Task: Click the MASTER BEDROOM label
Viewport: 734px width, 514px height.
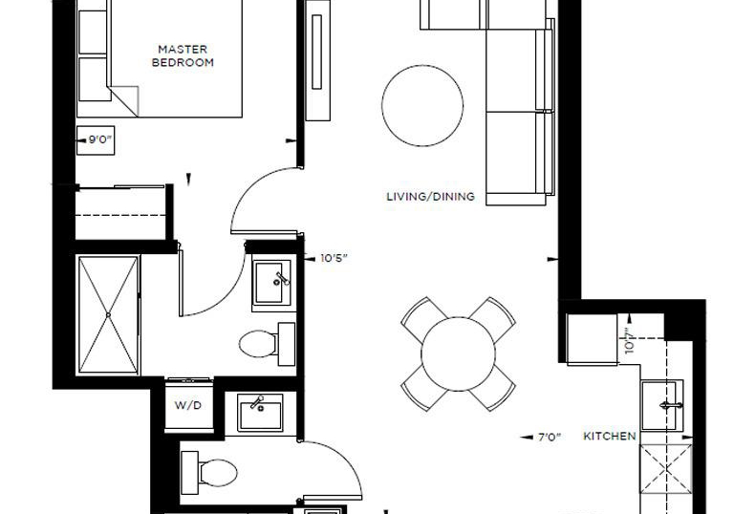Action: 183,55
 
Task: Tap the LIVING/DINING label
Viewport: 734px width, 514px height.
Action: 431,197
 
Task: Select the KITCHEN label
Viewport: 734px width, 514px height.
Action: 610,437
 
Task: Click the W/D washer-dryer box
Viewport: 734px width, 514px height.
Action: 188,405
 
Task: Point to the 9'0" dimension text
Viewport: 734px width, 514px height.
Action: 100,139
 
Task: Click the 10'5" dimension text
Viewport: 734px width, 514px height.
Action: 334,258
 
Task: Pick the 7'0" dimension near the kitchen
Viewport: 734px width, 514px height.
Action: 550,438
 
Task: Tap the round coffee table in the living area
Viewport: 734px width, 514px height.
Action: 422,105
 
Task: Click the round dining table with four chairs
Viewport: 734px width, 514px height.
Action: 459,353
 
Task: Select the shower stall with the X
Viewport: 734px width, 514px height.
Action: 108,315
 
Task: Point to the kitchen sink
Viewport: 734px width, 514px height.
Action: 662,405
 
